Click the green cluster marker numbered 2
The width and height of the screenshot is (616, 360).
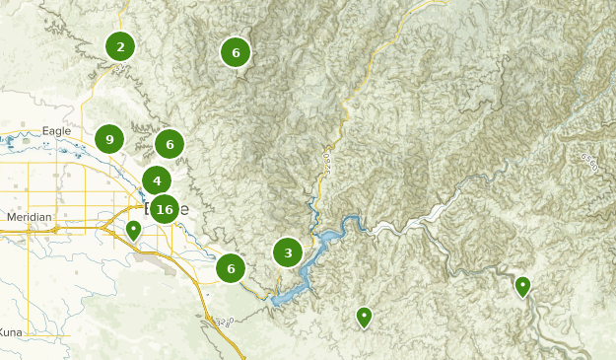tap(120, 46)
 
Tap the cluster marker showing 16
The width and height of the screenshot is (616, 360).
tap(165, 209)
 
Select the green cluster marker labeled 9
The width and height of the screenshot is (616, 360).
tap(109, 140)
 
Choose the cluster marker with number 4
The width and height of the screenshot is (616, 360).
tap(157, 180)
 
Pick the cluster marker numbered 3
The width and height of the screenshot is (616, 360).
tap(288, 252)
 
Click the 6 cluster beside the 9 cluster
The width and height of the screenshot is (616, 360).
tap(170, 145)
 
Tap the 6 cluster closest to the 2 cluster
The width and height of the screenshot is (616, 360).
tap(236, 52)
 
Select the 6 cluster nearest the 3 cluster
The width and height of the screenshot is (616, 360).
tap(231, 268)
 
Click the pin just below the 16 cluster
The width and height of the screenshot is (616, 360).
tap(133, 231)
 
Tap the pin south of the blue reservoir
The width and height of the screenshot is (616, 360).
tap(364, 317)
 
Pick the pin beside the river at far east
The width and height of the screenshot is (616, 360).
tap(522, 286)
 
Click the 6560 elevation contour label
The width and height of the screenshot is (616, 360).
tap(589, 162)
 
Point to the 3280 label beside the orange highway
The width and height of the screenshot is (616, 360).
tap(226, 322)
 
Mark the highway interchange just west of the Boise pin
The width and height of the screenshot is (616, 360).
tap(103, 228)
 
